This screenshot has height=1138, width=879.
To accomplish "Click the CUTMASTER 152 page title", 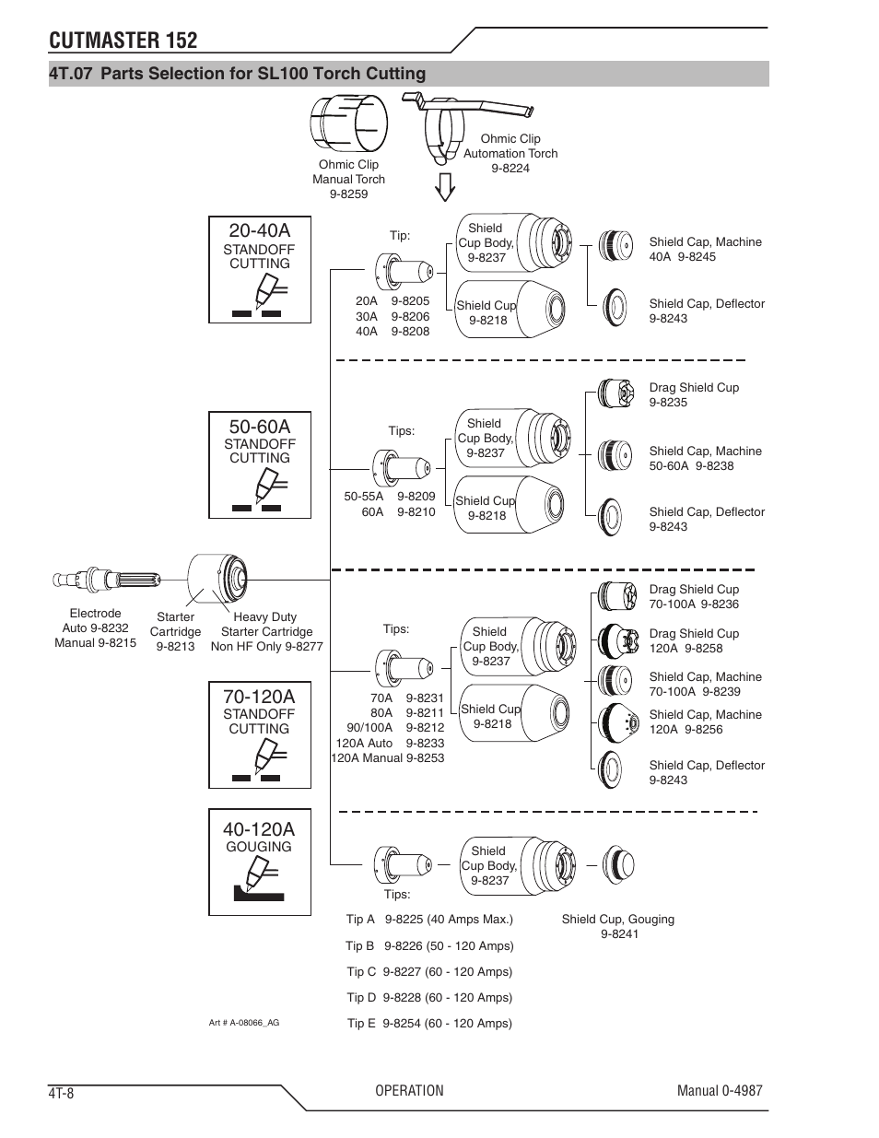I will click(x=123, y=40).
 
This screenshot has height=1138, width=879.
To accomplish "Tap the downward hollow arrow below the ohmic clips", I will click(x=445, y=187).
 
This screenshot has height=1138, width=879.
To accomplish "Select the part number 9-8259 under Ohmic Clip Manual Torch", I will click(x=348, y=194).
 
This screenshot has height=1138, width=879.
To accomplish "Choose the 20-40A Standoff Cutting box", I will click(x=260, y=269).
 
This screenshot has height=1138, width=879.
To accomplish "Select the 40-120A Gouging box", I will click(x=260, y=862).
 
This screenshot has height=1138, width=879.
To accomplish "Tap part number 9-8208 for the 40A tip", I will click(x=410, y=332).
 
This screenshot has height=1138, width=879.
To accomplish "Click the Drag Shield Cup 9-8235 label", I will click(x=694, y=395).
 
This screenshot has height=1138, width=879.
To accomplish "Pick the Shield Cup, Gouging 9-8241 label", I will click(x=618, y=926).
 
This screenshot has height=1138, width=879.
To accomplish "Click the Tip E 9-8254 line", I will click(x=429, y=1024).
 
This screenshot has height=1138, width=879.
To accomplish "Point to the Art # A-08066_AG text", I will click(x=244, y=1023).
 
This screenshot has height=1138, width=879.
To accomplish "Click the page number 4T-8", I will click(x=62, y=1093).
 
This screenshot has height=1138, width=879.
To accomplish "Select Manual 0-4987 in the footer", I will click(x=720, y=1091).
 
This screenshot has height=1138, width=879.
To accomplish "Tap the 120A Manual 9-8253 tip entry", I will click(x=387, y=758).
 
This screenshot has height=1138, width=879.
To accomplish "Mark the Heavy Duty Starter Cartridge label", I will click(x=266, y=632).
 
